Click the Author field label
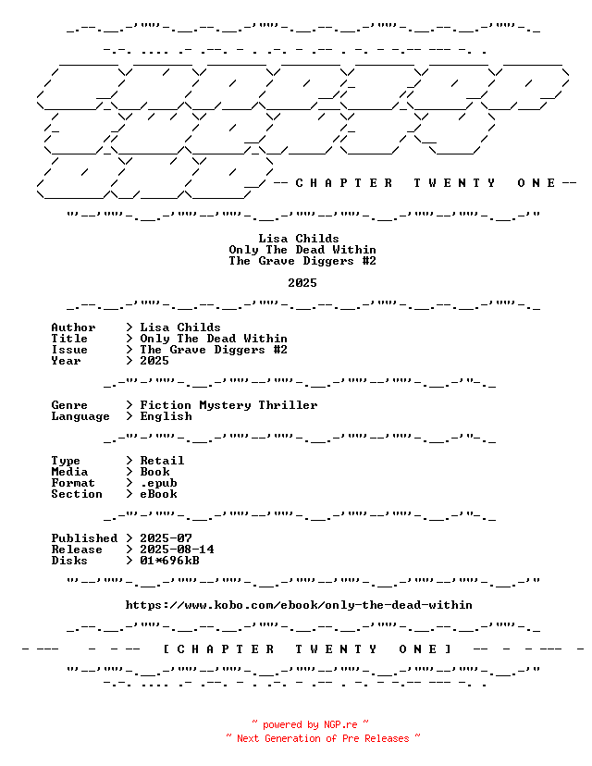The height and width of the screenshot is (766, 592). click(x=73, y=327)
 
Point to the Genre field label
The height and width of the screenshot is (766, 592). click(x=69, y=405)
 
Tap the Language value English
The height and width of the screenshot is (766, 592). click(x=166, y=416)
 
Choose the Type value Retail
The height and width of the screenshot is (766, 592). click(x=162, y=461)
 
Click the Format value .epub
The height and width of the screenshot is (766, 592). click(x=159, y=483)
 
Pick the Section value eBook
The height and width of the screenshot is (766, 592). click(x=159, y=494)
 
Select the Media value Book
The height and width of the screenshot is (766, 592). click(x=154, y=472)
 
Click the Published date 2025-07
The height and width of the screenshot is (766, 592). click(x=166, y=538)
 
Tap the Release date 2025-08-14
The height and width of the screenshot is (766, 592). click(x=177, y=550)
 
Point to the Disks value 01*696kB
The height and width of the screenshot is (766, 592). click(x=169, y=561)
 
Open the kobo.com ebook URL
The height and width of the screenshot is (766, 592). click(x=299, y=605)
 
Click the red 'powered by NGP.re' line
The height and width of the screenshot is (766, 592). click(x=310, y=724)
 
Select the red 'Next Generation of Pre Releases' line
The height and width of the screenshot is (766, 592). click(x=323, y=738)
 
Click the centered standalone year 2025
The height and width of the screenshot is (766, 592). click(x=302, y=283)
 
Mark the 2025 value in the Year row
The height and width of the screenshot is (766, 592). click(x=154, y=361)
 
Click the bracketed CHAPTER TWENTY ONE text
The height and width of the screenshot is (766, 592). click(x=307, y=649)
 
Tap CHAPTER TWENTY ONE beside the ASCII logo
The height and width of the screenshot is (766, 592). click(x=425, y=183)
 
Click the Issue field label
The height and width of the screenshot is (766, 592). click(x=69, y=350)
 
